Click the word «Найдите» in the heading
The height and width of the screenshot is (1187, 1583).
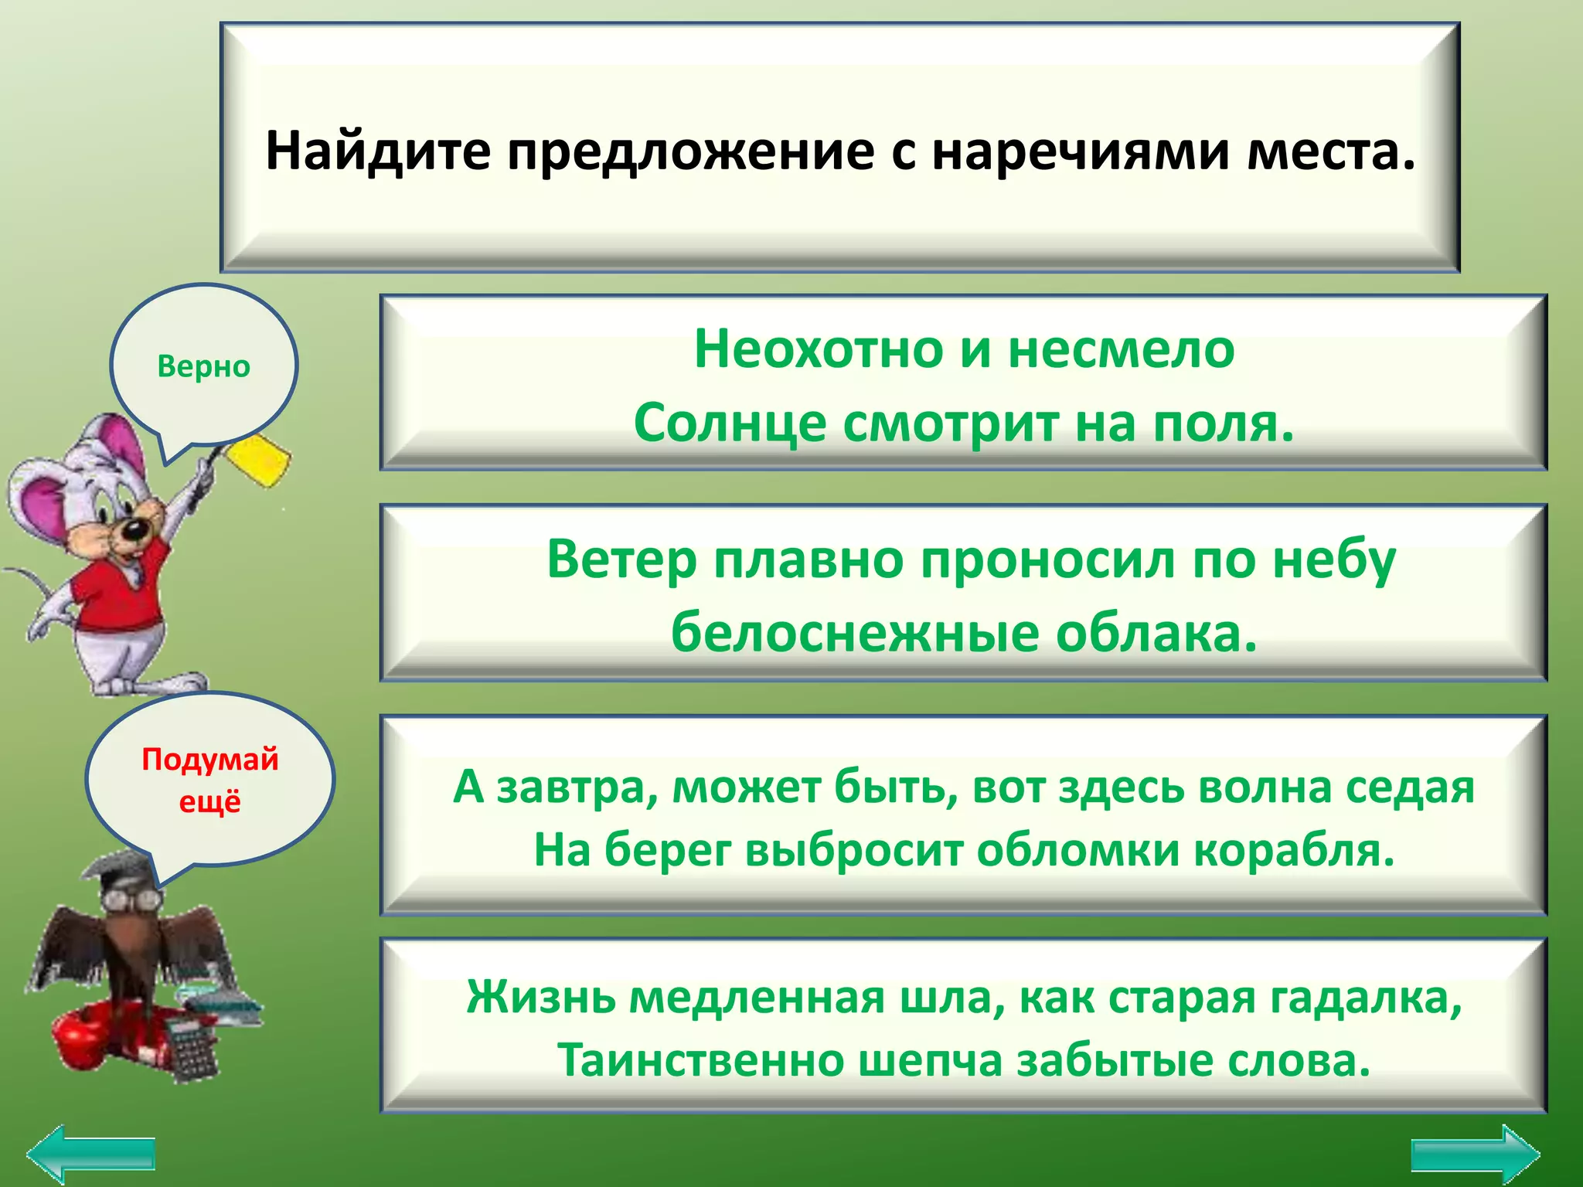[377, 151]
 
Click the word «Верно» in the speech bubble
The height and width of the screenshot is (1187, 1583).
[203, 366]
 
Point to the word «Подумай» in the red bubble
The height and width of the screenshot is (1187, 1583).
[209, 759]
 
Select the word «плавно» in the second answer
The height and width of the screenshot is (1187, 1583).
[808, 559]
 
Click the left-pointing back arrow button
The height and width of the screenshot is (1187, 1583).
[91, 1155]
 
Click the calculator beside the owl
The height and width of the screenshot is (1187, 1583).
[192, 1047]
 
